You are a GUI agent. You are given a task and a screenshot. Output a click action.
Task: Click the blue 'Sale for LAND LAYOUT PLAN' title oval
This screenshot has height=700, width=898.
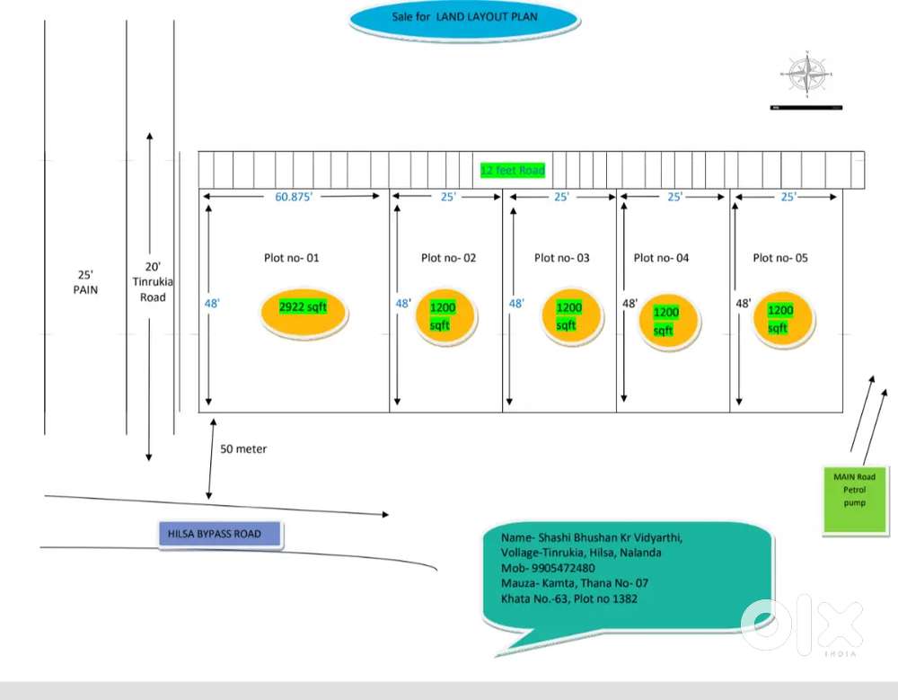(x=462, y=19)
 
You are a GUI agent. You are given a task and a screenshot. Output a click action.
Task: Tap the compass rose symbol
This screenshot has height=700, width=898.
(x=806, y=74)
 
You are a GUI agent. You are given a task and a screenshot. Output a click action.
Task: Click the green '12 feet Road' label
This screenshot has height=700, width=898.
(x=512, y=171)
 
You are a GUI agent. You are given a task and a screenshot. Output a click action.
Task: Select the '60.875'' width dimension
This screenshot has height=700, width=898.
(x=294, y=197)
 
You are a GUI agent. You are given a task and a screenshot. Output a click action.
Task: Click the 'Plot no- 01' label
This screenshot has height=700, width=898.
(x=291, y=258)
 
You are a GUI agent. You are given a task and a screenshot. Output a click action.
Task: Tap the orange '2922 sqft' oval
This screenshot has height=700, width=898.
(x=304, y=308)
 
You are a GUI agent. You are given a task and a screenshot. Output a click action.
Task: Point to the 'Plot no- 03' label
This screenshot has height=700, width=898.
(x=561, y=258)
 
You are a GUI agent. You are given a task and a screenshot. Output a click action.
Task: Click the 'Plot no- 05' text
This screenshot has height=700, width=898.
(x=779, y=258)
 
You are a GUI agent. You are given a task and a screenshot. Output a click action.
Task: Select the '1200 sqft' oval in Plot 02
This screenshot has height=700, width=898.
(x=443, y=315)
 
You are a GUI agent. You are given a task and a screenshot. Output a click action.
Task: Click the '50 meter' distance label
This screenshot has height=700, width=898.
(x=243, y=448)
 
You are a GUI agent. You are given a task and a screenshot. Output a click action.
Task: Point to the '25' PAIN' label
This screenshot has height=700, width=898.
(x=85, y=282)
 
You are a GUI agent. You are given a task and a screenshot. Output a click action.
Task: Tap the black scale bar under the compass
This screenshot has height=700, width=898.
(x=806, y=108)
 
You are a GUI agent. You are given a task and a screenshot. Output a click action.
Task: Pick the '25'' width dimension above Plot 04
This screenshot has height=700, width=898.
(x=674, y=197)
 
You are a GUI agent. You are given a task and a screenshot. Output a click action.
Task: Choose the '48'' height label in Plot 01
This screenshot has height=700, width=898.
(x=212, y=304)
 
